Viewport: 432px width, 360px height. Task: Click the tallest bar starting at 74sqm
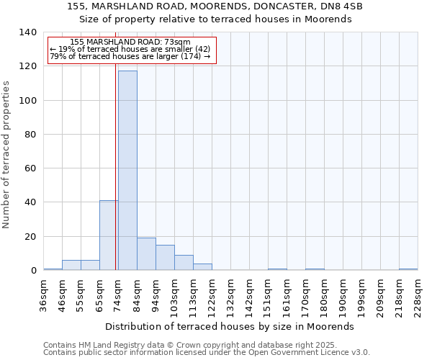click(127, 171)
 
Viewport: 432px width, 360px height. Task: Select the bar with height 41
click(109, 235)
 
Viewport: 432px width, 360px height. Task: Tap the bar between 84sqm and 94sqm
click(146, 254)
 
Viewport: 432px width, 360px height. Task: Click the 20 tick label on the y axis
click(30, 237)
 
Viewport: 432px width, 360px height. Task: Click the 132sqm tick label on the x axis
click(230, 294)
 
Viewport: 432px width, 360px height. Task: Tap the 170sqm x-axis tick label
click(305, 294)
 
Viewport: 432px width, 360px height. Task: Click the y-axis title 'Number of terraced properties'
click(6, 154)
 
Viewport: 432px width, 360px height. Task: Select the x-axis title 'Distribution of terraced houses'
click(234, 326)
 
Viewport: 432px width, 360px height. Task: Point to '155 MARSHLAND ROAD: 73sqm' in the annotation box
click(130, 42)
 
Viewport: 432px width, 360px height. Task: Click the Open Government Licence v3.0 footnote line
click(207, 353)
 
